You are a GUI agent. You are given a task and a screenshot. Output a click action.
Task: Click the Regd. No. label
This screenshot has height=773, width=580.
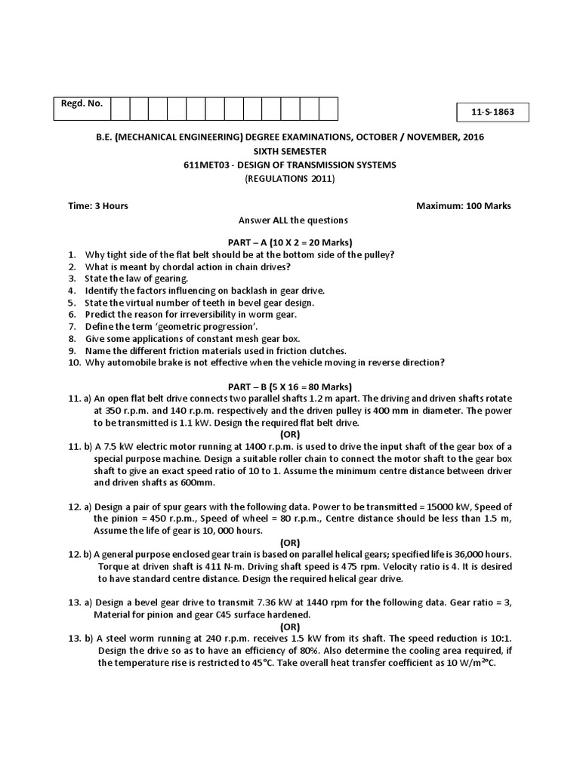click(x=82, y=103)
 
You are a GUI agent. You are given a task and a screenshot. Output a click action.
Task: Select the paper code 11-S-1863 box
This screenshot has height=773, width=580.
click(x=493, y=112)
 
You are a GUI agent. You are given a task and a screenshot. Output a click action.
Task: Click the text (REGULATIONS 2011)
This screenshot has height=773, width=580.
click(x=289, y=178)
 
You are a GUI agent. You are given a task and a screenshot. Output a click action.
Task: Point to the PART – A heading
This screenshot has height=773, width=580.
click(x=289, y=242)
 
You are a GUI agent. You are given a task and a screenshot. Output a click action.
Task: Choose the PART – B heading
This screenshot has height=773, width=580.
click(x=289, y=386)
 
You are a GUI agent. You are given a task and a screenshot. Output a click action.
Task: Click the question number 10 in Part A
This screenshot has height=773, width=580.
click(x=73, y=362)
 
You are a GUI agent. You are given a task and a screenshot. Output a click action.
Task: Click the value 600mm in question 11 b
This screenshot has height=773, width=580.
click(x=199, y=482)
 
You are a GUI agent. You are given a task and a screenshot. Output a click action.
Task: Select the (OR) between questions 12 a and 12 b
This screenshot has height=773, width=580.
click(x=289, y=542)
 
